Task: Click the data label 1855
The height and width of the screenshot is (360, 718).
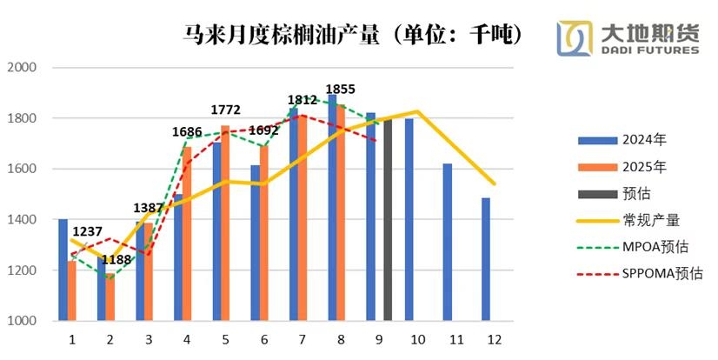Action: pyautogui.click(x=340, y=89)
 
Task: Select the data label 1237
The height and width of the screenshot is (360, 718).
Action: pyautogui.click(x=88, y=231)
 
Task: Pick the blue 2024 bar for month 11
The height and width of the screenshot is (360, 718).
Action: pyautogui.click(x=447, y=243)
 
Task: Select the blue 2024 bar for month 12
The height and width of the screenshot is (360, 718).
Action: pyautogui.click(x=485, y=260)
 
